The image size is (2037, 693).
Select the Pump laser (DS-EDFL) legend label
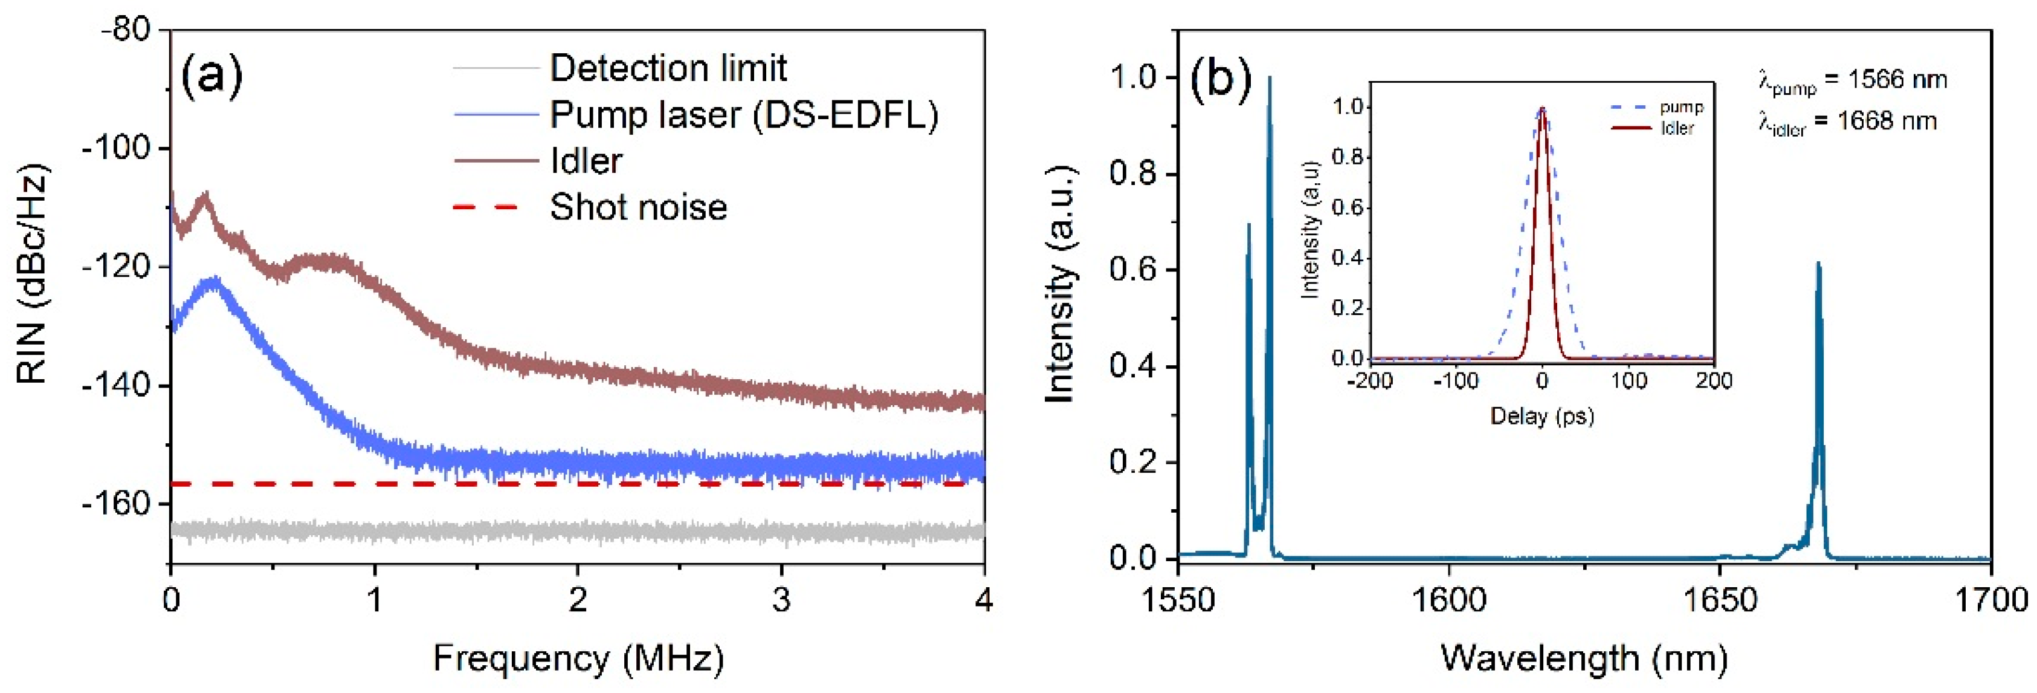(743, 115)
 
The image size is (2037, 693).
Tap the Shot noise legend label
(638, 207)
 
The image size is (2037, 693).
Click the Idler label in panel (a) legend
(586, 161)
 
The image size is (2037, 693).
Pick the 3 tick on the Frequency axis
(781, 600)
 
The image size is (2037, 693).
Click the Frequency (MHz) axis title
(578, 658)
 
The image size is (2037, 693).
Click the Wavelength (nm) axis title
(1584, 658)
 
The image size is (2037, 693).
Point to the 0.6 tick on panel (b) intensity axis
(1133, 270)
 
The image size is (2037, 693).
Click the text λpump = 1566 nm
(1852, 80)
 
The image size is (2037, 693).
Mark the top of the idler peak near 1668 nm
(1818, 264)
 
